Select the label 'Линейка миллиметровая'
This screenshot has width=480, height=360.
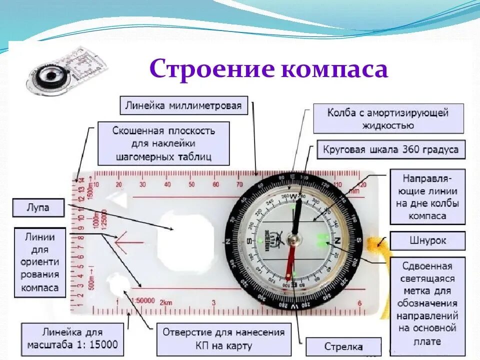tap(184, 105)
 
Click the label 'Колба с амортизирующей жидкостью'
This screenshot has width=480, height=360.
tap(388, 118)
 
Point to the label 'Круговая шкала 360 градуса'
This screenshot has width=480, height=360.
tap(390, 149)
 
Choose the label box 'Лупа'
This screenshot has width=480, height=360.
tap(38, 207)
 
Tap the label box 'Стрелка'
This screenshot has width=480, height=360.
tap(343, 346)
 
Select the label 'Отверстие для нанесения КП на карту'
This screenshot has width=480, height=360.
tap(223, 338)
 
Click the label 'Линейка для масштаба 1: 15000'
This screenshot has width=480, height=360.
tap(72, 338)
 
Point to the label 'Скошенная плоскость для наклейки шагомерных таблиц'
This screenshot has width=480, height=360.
tap(163, 143)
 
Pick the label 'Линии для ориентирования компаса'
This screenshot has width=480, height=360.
tap(40, 262)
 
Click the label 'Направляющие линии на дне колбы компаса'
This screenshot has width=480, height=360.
tap(427, 196)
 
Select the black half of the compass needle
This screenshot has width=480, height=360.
tap(297, 215)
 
